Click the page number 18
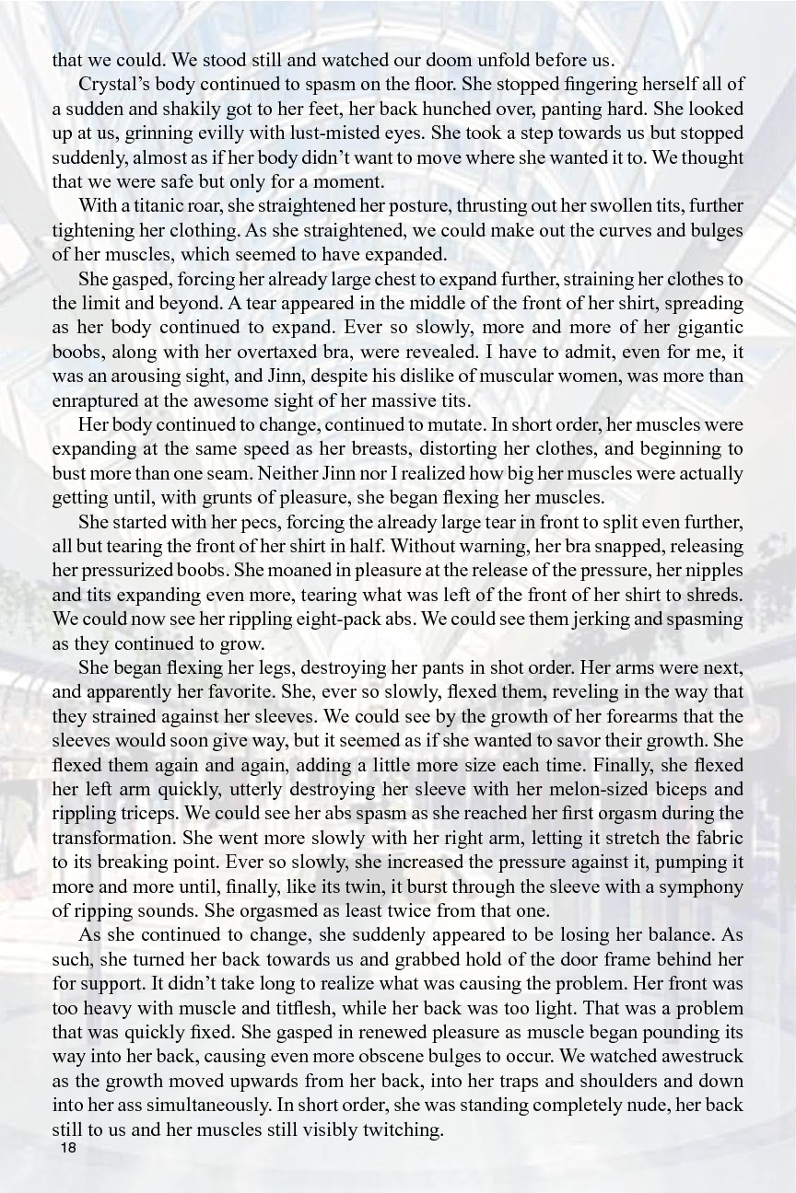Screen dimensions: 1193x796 click(x=67, y=1149)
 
